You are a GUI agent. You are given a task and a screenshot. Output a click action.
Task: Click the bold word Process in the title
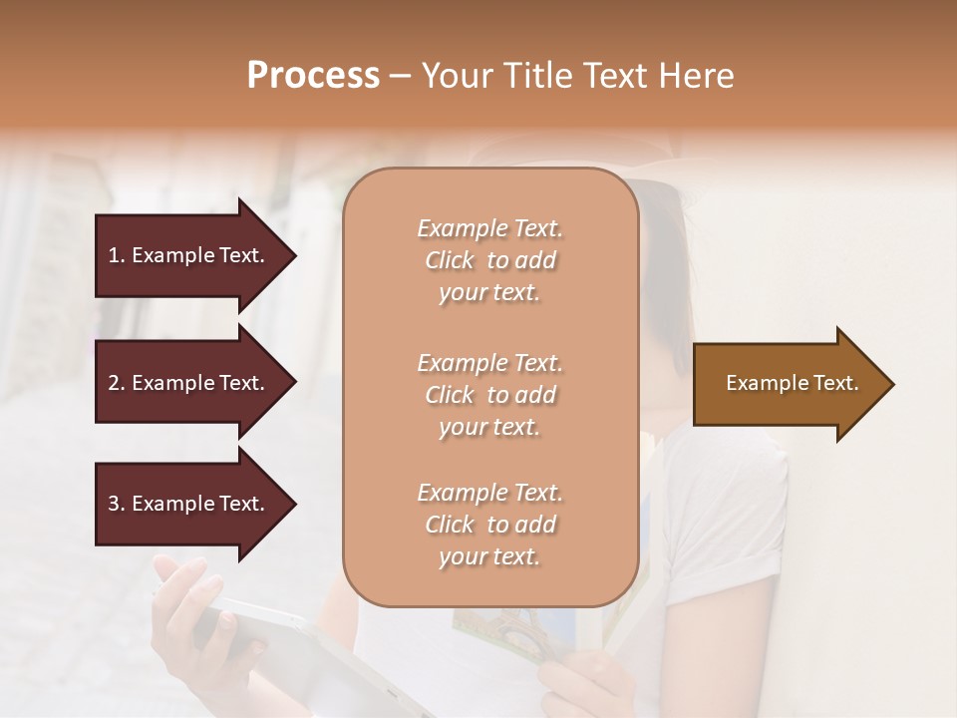(x=313, y=76)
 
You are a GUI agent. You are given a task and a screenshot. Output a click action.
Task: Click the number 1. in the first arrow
(x=117, y=255)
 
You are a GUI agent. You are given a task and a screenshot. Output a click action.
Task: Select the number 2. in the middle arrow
(x=117, y=383)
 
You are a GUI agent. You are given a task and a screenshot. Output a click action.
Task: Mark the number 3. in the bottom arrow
(x=117, y=504)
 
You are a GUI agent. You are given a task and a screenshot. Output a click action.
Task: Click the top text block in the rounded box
(x=489, y=260)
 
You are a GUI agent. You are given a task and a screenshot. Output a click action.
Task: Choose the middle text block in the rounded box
(x=489, y=395)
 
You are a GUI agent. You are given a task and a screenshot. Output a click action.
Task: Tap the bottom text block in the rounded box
(x=489, y=525)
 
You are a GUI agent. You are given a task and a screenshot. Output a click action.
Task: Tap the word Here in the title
(x=697, y=76)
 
